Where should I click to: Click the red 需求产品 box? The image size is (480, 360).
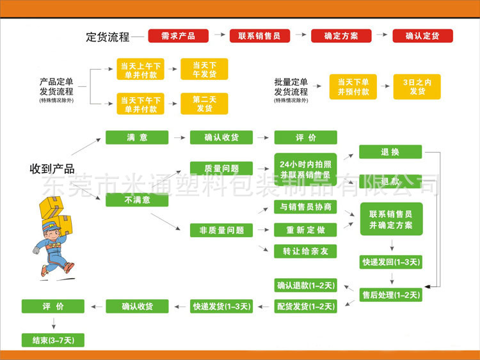[x=179, y=36]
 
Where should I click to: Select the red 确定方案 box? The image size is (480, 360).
[x=341, y=36]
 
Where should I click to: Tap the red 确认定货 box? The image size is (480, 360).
[x=422, y=36]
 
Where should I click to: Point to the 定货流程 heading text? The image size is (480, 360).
[x=108, y=36]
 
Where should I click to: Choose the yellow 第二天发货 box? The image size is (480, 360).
[x=204, y=104]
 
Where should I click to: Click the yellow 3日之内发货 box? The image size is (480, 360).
[x=417, y=87]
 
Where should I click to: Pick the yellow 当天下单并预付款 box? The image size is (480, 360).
[x=353, y=87]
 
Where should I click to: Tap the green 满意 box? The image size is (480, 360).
[x=137, y=137]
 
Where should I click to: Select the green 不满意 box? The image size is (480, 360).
[x=137, y=200]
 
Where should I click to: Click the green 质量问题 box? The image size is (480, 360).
[x=221, y=169]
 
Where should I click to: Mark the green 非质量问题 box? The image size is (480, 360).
[x=221, y=230]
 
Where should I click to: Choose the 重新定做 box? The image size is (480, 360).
[x=305, y=230]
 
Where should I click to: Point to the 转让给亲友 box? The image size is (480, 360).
[x=305, y=251]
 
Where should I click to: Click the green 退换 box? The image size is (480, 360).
[x=390, y=152]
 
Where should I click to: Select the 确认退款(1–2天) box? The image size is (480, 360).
[x=305, y=285]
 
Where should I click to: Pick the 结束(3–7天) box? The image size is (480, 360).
[x=53, y=340]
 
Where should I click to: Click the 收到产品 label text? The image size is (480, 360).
[x=52, y=169]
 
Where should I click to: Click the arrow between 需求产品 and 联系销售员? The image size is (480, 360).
[x=219, y=36]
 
